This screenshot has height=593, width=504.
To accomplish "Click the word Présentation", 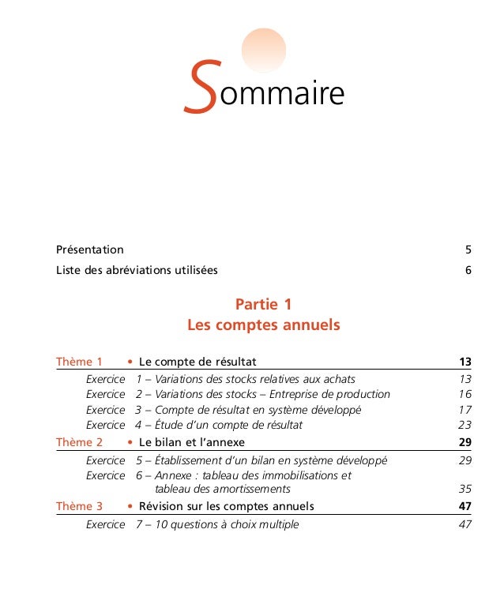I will [89, 250].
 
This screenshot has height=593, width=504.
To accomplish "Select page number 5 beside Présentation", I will [468, 250].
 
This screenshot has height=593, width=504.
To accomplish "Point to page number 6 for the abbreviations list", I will [468, 270].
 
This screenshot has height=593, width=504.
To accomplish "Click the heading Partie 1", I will [264, 304].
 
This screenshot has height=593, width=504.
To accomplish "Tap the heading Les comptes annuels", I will [263, 325].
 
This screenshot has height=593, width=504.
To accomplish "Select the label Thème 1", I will [79, 362].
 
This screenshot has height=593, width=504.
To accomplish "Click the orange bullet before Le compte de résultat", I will [130, 362].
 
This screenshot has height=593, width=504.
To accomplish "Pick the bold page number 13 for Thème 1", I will [465, 362].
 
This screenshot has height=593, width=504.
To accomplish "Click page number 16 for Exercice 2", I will [465, 394].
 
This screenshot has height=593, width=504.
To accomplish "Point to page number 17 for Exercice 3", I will [465, 410].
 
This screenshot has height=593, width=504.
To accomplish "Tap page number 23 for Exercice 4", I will [465, 425].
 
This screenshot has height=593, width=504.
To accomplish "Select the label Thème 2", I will [79, 442].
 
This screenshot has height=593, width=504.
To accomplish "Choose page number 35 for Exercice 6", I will [465, 489].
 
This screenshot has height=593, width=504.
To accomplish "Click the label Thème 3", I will [79, 506].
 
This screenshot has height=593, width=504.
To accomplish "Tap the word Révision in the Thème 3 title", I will [161, 506].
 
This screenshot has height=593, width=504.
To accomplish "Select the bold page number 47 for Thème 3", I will [465, 506].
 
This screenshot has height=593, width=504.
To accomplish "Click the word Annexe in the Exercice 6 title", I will [173, 475].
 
